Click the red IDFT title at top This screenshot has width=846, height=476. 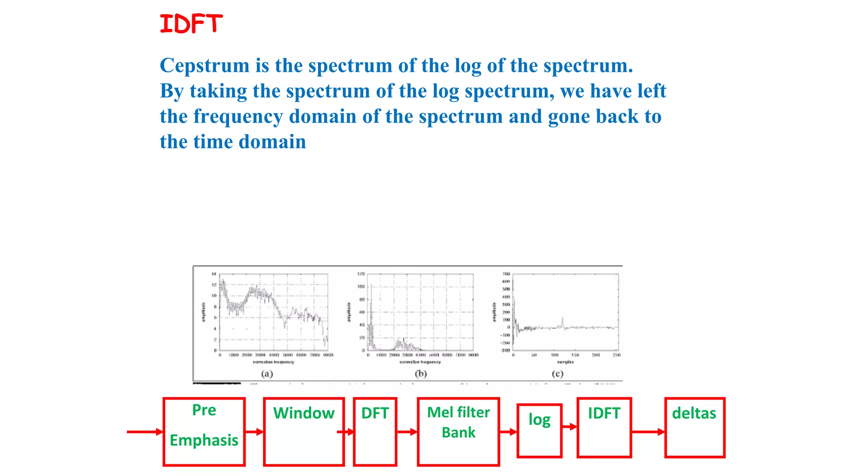coord(191,24)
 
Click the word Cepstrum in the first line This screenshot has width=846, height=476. coord(204,65)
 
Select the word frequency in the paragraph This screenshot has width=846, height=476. coord(238,117)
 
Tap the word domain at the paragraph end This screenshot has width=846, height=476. coord(272,142)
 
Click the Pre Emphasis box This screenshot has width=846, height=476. coord(204,432)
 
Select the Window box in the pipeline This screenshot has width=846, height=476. coord(304,432)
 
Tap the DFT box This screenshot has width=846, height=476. coord(375,432)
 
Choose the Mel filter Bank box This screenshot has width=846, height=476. coord(458,432)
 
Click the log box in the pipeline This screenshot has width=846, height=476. coord(539,431)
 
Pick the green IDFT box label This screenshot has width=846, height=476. coord(604,413)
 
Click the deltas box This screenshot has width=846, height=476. coord(694,428)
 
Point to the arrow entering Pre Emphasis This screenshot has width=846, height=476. coord(145,432)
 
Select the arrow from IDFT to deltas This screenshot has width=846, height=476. coord(648,432)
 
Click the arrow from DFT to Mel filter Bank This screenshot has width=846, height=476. coord(407,432)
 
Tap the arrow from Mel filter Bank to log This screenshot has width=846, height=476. coord(508,432)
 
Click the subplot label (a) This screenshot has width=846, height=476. coord(267,374)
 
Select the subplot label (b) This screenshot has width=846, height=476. coord(421,374)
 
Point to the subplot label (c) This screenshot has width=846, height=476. coord(557,374)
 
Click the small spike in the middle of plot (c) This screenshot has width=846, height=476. coord(562,321)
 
